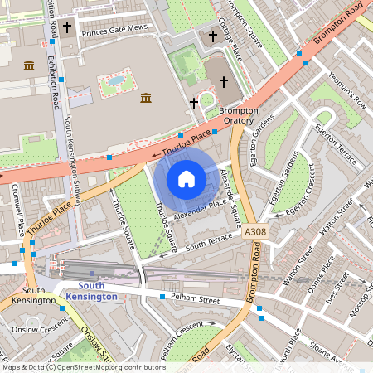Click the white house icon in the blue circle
[186, 179]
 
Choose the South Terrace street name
[209, 241]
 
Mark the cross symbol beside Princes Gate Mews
[65, 27]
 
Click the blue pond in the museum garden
[116, 81]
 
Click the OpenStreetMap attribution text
[83, 366]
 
